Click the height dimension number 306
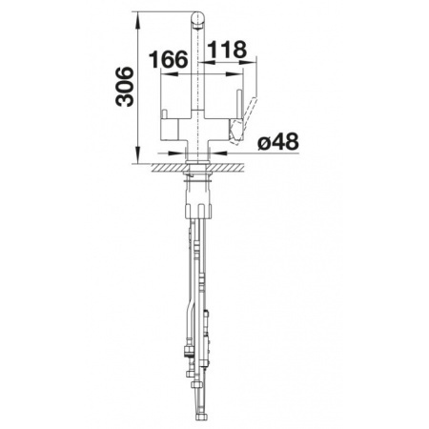tap(125, 87)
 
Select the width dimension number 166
tap(168, 59)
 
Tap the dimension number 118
tap(227, 50)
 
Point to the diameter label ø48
tap(278, 142)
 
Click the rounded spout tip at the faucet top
tap(197, 20)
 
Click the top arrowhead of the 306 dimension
tap(138, 20)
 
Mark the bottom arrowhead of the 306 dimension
tap(138, 155)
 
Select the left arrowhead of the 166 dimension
tap(170, 73)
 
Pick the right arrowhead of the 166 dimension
tap(235, 73)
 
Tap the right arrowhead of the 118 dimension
tap(248, 62)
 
